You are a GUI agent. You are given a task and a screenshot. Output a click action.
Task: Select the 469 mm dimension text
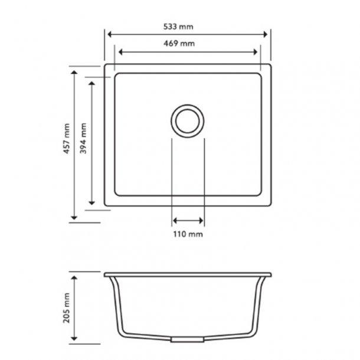184,44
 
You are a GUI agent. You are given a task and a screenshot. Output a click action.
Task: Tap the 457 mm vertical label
67,139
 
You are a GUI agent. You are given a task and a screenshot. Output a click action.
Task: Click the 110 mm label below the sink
188,234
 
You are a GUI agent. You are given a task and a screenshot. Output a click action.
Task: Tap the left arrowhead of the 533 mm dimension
109,34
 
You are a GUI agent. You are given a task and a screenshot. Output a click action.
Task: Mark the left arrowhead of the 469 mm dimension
117,51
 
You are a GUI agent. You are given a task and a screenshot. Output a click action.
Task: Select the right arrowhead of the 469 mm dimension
258,51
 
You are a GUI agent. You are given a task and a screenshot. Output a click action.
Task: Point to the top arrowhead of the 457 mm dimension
74,72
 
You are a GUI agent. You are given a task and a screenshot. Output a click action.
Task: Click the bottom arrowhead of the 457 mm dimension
74,217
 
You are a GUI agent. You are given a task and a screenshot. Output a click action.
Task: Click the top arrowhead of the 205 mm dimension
74,276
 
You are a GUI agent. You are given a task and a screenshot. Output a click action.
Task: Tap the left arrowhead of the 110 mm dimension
175,221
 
